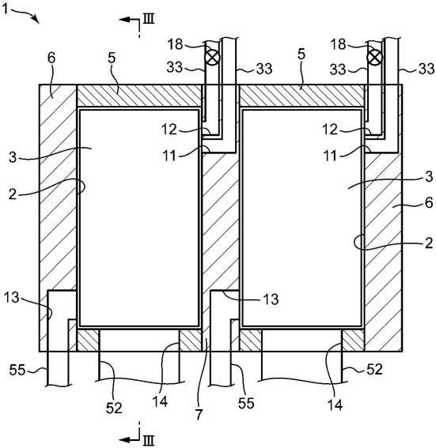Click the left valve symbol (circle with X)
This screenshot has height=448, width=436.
coord(213,57)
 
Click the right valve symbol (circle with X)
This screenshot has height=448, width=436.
coord(374,58)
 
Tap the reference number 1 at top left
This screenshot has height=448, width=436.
coord(6,9)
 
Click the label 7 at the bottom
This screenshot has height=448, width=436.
coord(199,414)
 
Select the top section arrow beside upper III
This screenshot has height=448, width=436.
coord(129,20)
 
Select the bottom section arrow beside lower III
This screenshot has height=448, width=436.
coord(129,439)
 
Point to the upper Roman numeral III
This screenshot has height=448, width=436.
coord(149,19)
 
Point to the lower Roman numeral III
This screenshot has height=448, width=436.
coord(149,441)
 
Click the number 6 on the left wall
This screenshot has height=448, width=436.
coord(51,58)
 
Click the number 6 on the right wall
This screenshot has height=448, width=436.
coord(428,202)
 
